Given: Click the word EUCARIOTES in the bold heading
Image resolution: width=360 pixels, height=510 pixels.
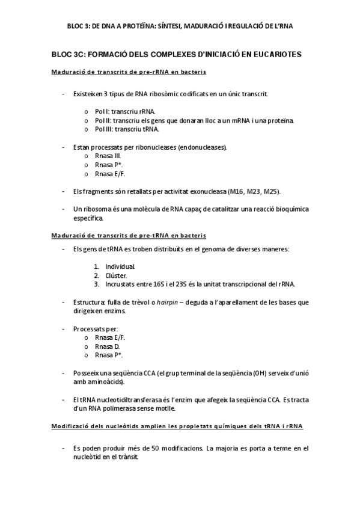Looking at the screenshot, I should (275, 55).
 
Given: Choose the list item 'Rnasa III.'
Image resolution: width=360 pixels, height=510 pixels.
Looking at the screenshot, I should (108, 155).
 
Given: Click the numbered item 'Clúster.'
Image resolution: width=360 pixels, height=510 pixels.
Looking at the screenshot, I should (116, 275).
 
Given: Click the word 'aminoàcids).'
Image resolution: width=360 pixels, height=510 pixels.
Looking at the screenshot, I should (105, 382).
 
